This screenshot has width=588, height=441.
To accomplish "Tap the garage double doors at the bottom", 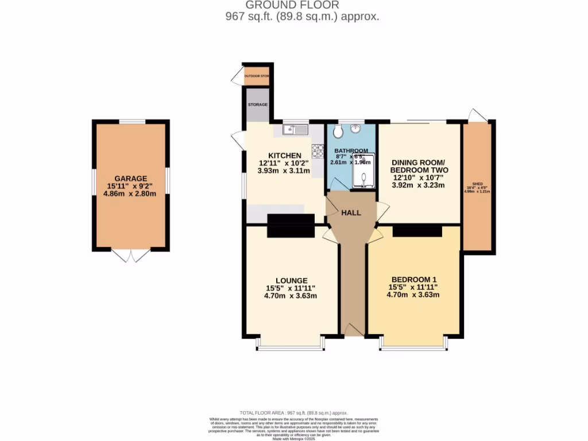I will (x=131, y=256).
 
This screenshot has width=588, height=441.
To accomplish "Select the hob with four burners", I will (x=318, y=150).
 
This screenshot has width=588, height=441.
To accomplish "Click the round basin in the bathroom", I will (x=356, y=128).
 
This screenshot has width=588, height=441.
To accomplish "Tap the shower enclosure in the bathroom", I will (x=363, y=171).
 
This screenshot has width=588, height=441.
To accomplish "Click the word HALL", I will (x=351, y=213).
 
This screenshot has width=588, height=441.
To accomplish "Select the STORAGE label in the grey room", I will (x=258, y=105).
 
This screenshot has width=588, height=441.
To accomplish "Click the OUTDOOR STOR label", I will (x=257, y=76).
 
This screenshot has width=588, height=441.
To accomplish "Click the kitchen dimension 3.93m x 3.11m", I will (x=284, y=171).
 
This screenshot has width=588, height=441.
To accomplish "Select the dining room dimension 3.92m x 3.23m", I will (x=419, y=185).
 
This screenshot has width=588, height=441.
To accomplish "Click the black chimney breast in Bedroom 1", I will (x=417, y=231).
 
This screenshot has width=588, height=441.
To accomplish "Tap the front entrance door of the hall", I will (x=353, y=330).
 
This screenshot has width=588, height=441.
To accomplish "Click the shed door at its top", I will (x=476, y=115).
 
